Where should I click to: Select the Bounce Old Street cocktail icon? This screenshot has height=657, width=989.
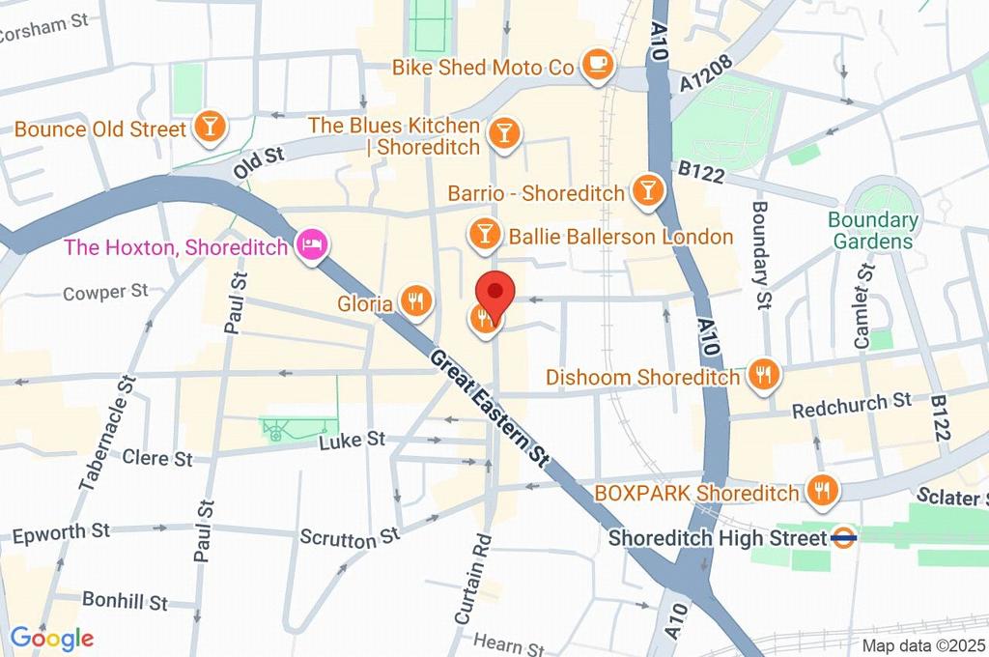[208, 126]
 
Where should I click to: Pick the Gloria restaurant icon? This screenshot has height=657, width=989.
[415, 300]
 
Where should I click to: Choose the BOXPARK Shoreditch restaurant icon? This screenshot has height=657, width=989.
[823, 490]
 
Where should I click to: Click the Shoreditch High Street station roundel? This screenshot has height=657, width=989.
[844, 537]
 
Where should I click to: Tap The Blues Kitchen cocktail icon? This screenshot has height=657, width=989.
[503, 132]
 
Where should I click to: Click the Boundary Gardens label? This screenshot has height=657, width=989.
[872, 230]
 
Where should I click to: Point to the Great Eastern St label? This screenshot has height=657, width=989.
[488, 406]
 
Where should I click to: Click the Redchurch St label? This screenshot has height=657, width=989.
[852, 406]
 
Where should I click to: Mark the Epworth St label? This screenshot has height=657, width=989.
[61, 532]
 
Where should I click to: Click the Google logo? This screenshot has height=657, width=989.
[51, 638]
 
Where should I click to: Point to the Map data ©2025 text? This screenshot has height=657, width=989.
[923, 644]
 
